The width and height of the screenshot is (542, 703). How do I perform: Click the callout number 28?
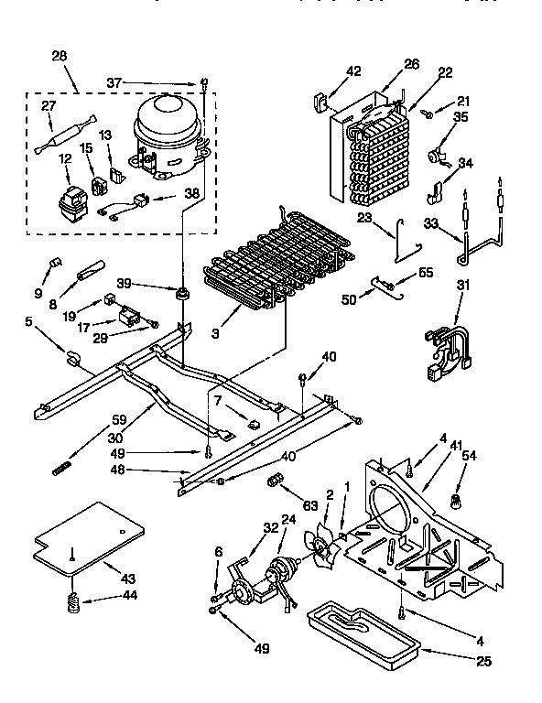click(x=60, y=58)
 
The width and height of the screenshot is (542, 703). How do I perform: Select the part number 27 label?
click(x=47, y=106)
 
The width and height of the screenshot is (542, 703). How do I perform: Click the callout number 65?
click(x=426, y=274)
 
